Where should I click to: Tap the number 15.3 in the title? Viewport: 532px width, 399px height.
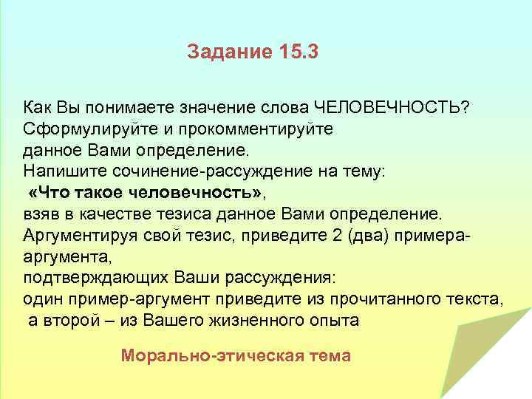tap(299, 52)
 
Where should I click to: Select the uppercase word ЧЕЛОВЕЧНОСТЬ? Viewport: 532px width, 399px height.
tap(392, 107)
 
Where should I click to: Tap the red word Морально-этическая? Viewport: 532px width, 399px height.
tap(206, 355)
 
